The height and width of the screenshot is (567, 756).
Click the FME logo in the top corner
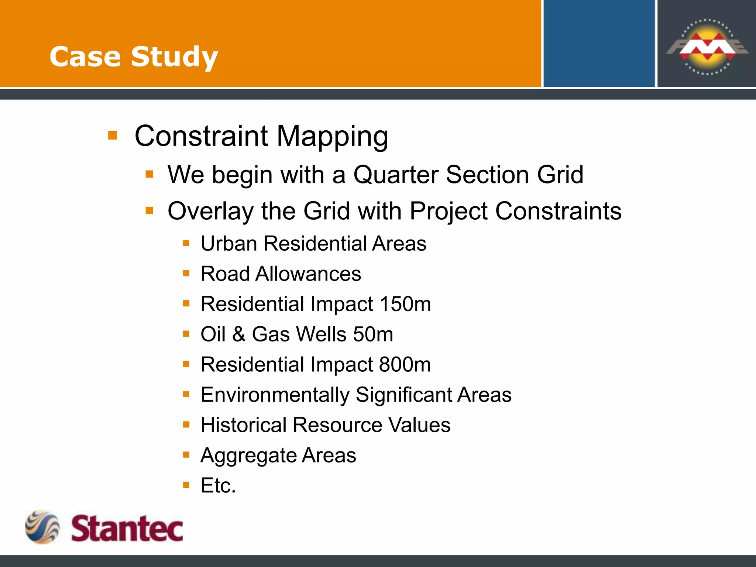[x=707, y=47]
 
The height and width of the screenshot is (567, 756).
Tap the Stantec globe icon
[x=42, y=527]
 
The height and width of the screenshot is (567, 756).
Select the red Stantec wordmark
[x=127, y=529]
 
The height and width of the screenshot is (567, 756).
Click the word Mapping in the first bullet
[x=332, y=137]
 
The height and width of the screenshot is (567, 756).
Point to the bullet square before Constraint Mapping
[x=113, y=135]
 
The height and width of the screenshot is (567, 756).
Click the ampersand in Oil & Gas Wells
[x=239, y=334]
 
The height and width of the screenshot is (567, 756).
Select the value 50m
[x=373, y=334]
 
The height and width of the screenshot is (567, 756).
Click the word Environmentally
[x=275, y=395]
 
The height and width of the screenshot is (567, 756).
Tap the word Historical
[x=243, y=425]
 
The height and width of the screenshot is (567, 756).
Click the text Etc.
[x=218, y=486]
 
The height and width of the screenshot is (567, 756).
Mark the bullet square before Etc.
[x=186, y=485]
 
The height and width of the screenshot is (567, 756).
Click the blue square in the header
[x=599, y=44]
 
